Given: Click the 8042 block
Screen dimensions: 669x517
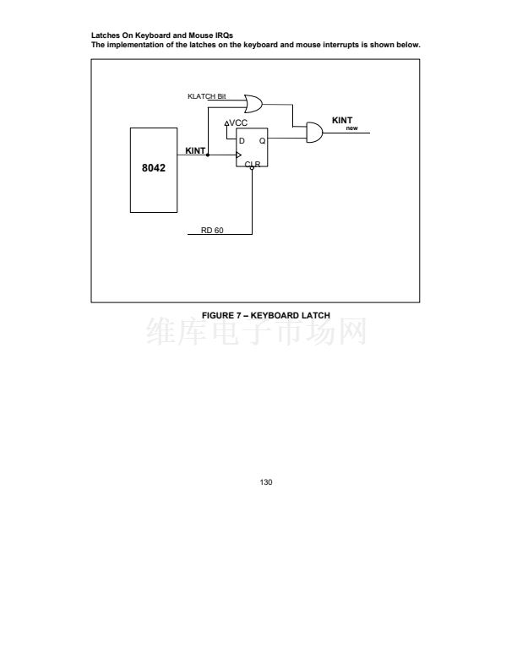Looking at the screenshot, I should (154, 169).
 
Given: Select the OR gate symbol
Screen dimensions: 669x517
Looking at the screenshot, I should (253, 104).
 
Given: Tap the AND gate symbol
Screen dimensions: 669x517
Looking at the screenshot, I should (313, 133).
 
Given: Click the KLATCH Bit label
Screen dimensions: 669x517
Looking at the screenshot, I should (207, 97).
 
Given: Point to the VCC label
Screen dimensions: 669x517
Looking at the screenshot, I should (238, 122).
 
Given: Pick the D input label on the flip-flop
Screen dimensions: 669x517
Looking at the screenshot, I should (242, 140).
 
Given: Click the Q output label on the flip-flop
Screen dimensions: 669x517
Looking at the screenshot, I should (262, 140).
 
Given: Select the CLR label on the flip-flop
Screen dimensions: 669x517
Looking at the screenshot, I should (252, 163).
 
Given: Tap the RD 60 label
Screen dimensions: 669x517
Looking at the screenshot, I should (212, 230).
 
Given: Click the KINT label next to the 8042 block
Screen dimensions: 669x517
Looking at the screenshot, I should (195, 150).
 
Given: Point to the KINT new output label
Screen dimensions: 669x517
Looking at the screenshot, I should (343, 122).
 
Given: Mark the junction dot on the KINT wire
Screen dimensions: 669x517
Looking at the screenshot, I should (208, 155).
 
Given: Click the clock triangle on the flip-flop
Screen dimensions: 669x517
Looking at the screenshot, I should (239, 155).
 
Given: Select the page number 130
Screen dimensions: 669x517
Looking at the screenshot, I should (266, 482).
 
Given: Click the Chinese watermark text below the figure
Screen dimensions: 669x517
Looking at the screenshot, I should (258, 334).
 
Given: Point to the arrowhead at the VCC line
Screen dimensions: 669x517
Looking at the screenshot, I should (226, 123).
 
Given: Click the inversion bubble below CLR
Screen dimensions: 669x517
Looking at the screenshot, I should (252, 168).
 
